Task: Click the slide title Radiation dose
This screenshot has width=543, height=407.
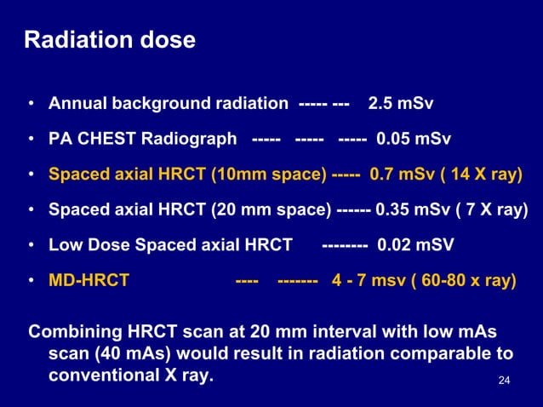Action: [x=109, y=40]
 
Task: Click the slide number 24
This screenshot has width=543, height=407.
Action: [x=503, y=379]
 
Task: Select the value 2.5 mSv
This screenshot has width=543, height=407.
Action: [x=400, y=105]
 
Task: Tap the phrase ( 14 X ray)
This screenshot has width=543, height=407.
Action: [x=480, y=175]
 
